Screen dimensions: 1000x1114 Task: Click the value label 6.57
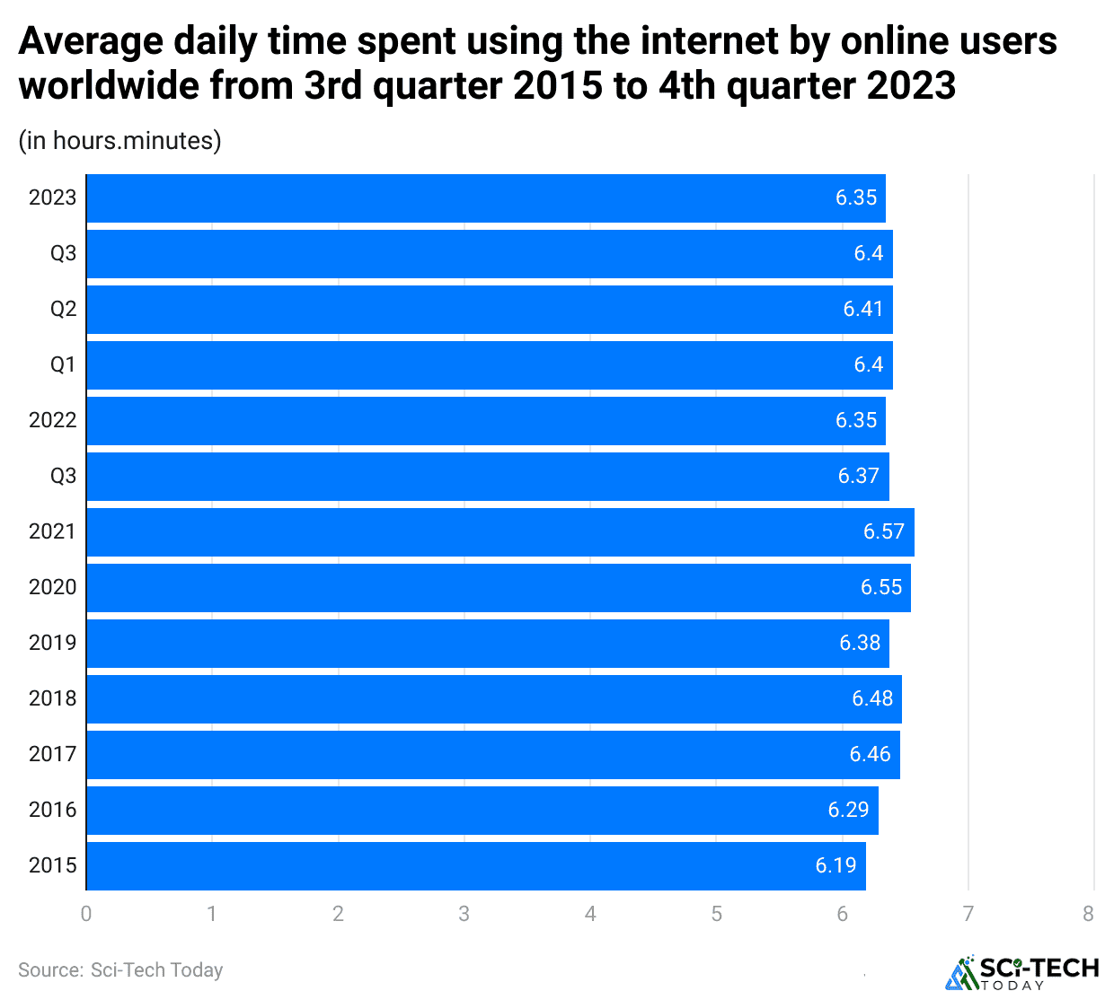(883, 532)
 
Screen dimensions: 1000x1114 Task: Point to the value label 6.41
(862, 310)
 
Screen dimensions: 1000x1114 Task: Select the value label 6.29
(848, 811)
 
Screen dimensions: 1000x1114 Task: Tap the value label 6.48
(871, 699)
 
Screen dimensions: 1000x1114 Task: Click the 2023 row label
(52, 198)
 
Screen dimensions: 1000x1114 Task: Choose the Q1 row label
(63, 365)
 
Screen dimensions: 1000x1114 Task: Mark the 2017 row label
(52, 755)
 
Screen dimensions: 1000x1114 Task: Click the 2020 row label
(52, 588)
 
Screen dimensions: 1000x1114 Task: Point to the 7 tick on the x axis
(968, 915)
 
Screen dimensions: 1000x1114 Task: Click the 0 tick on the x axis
(86, 915)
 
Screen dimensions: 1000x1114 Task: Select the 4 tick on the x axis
(590, 915)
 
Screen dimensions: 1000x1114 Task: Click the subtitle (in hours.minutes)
(119, 141)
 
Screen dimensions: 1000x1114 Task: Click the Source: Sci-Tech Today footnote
(120, 970)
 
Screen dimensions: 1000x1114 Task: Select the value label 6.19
(835, 866)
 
